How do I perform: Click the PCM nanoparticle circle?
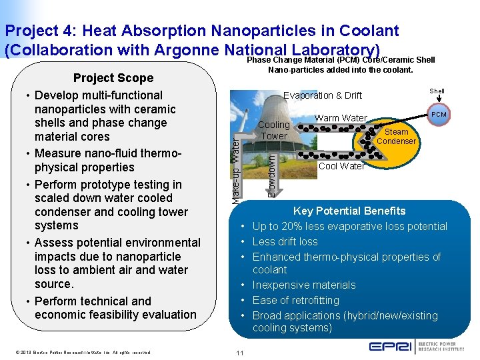pos(439,114)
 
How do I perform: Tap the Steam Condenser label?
pos(396,137)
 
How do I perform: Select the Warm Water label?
pos(341,118)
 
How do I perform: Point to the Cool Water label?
pos(341,166)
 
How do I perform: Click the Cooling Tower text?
pos(273,130)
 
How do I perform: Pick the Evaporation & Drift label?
pos(323,95)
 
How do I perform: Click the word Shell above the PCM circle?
pos(437,91)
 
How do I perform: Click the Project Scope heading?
pos(113,78)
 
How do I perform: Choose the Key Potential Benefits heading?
pos(349,211)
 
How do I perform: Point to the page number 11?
pos(239,352)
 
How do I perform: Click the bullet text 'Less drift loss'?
pos(285,241)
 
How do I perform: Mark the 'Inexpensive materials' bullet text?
pos(304,285)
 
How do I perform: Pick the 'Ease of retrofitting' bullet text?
pos(295,300)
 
